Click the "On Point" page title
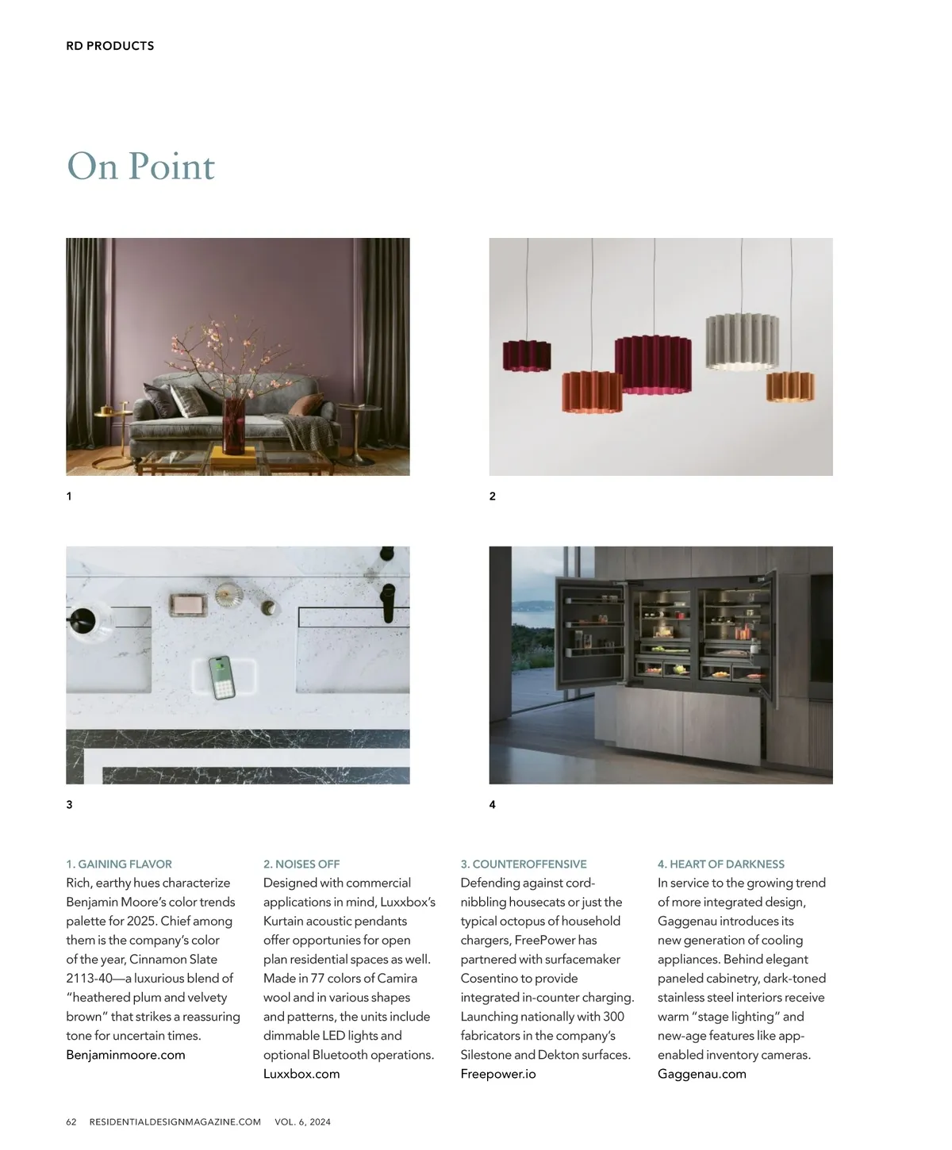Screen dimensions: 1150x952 (x=140, y=167)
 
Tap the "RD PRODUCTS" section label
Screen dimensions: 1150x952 (x=109, y=46)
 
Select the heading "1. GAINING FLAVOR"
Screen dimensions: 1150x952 (x=119, y=864)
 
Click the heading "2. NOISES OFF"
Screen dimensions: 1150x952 (x=301, y=864)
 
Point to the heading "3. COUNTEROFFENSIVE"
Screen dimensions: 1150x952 (x=524, y=864)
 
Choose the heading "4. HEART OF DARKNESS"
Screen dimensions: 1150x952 (x=720, y=864)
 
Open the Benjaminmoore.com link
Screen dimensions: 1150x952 (x=125, y=1055)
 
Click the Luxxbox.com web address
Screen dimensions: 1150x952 (x=301, y=1074)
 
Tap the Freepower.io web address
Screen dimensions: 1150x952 (x=498, y=1074)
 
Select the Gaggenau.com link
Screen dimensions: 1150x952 (x=702, y=1074)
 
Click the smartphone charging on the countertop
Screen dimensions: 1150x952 (x=224, y=677)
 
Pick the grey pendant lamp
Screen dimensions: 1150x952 (x=742, y=342)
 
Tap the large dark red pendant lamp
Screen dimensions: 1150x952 (x=654, y=364)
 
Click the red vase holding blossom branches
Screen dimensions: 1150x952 (x=234, y=425)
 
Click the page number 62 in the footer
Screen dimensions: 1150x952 (x=71, y=1122)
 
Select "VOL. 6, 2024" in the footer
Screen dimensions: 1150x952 (x=302, y=1122)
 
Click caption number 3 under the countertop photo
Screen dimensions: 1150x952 (x=70, y=804)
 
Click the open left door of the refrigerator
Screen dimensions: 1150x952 (x=590, y=632)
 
